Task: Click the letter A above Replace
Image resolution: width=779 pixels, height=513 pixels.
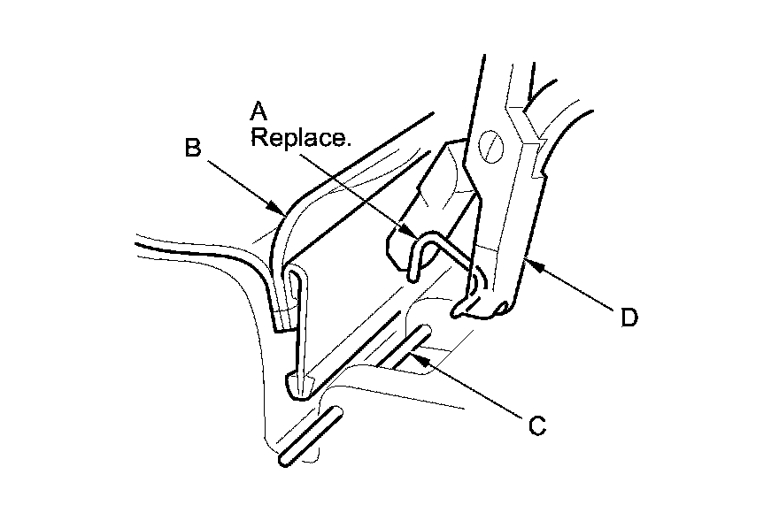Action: click(x=258, y=111)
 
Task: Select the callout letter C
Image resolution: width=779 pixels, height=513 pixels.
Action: click(x=536, y=425)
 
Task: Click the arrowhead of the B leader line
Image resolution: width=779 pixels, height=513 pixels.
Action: click(x=282, y=211)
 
